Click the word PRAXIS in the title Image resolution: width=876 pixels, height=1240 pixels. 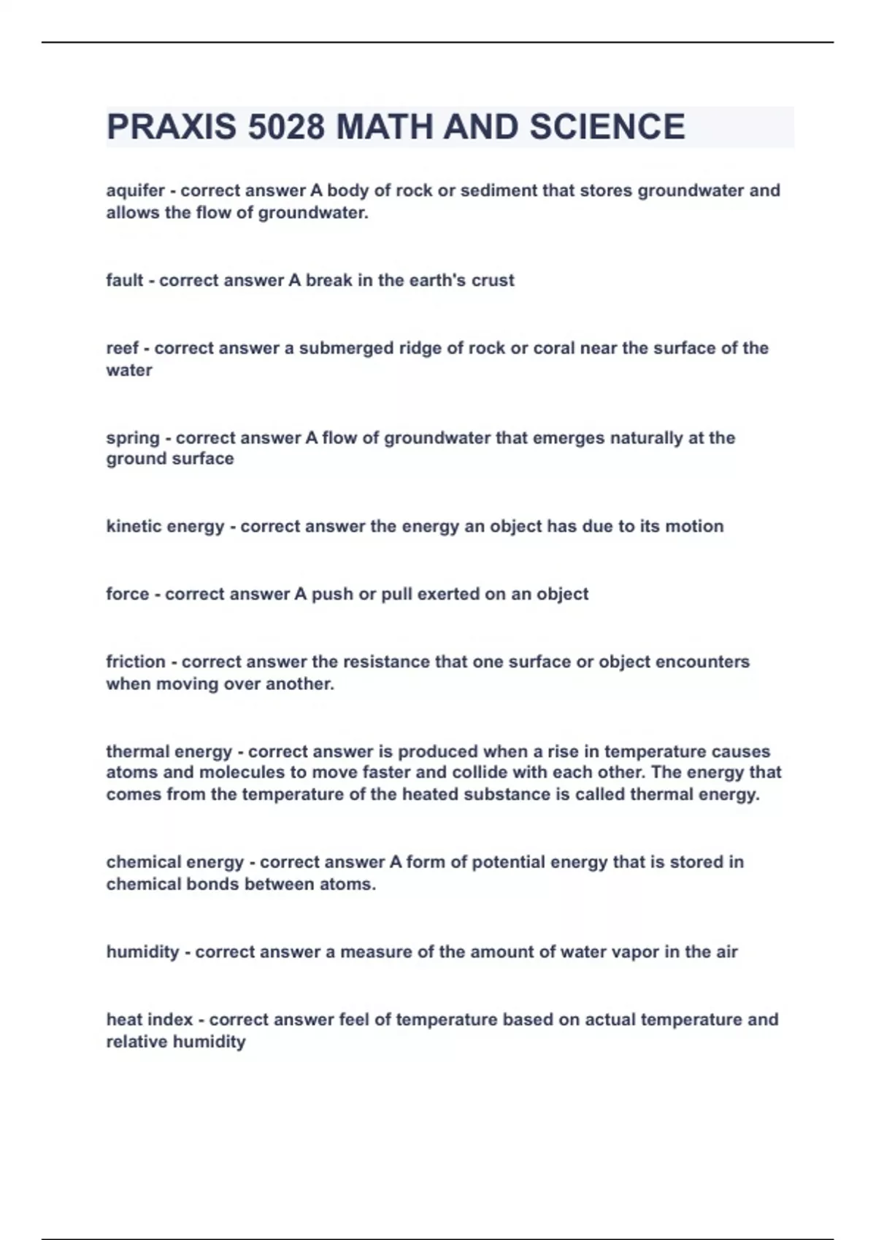coord(172,127)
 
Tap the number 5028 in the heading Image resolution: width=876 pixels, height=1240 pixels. coord(286,127)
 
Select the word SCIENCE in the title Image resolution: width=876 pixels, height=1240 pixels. coord(607,127)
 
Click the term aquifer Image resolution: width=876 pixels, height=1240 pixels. coord(136,191)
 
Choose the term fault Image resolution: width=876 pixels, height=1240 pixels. coord(125,281)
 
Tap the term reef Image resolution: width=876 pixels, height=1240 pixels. coord(122,349)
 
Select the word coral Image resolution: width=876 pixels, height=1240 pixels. coord(554,349)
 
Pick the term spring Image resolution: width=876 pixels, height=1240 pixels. coord(133,438)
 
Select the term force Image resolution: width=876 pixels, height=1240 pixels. coord(128,594)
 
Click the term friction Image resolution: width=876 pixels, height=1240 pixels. coord(136,662)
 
